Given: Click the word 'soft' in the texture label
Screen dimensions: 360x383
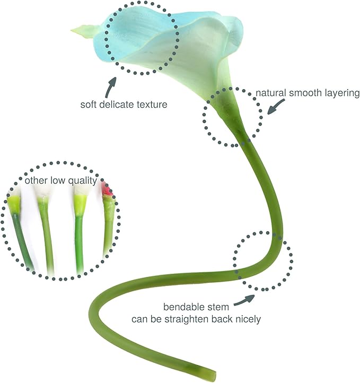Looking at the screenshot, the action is click(89, 105).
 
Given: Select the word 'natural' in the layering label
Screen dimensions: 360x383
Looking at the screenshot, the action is click(270, 93).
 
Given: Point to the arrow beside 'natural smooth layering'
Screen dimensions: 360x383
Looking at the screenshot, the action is click(276, 107).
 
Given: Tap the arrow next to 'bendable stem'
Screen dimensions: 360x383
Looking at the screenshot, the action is click(244, 300).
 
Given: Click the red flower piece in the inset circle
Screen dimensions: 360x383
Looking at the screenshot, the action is click(107, 189).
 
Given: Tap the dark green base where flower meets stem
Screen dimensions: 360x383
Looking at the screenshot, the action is click(228, 109).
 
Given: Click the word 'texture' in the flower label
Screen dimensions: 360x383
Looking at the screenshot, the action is click(152, 105).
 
